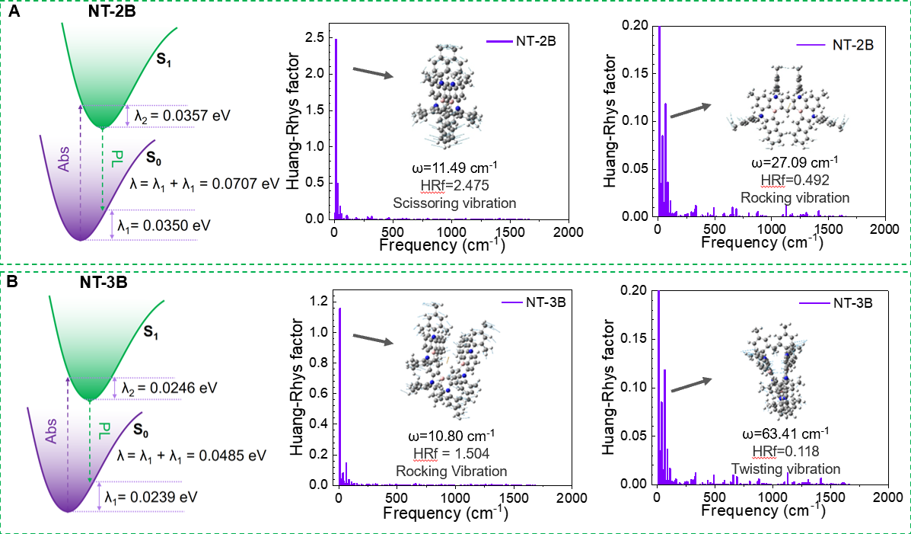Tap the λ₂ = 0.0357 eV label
(182, 115)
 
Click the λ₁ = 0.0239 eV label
(156, 496)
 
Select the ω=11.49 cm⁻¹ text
(454, 169)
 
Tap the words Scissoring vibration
(454, 203)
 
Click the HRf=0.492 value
(795, 180)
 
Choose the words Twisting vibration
(785, 468)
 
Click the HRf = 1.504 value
(451, 453)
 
